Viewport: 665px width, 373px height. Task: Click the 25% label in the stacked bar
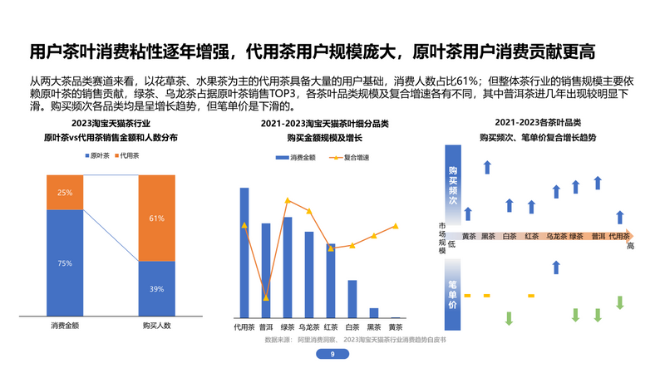tap(65, 193)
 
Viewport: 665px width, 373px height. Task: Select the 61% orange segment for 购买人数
tap(156, 218)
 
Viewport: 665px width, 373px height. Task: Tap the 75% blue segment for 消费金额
tap(65, 263)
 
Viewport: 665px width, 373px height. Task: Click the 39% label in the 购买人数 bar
tap(156, 289)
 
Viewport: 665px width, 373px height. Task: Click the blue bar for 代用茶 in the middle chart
tap(244, 253)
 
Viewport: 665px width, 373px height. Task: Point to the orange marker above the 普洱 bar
tap(266, 297)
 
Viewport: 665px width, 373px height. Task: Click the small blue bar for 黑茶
tap(374, 313)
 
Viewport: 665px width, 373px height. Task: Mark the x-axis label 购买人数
tap(156, 326)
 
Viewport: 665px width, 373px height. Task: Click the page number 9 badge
tap(332, 355)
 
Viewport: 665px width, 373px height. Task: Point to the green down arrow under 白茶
tap(510, 317)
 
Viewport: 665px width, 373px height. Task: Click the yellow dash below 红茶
tap(531, 296)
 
